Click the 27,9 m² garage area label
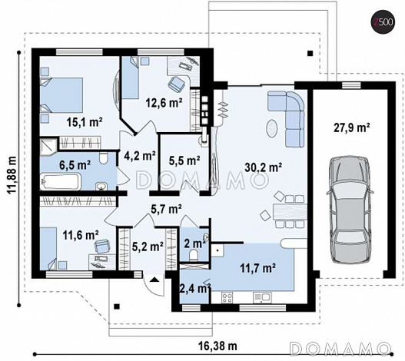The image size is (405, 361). click(352, 128)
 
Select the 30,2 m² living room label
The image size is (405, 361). click(263, 167)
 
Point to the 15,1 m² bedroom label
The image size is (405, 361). click(85, 122)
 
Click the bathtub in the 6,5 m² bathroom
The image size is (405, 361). click(61, 181)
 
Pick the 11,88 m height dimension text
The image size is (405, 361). click(12, 174)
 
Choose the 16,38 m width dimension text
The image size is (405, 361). click(217, 345)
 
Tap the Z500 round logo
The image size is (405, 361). click(383, 22)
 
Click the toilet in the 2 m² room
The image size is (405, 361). click(194, 255)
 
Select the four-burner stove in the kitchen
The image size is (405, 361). click(227, 297)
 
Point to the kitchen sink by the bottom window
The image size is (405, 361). click(262, 297)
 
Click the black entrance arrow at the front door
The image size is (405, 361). click(154, 280)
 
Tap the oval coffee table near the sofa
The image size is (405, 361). click(272, 128)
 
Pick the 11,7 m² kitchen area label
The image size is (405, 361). click(257, 268)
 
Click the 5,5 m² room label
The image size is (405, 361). click(184, 161)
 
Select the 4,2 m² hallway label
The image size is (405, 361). click(140, 155)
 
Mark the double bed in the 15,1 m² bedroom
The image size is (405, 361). click(61, 95)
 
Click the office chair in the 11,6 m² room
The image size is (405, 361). click(103, 246)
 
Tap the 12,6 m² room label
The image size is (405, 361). click(164, 103)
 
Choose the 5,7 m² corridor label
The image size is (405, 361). click(166, 208)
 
